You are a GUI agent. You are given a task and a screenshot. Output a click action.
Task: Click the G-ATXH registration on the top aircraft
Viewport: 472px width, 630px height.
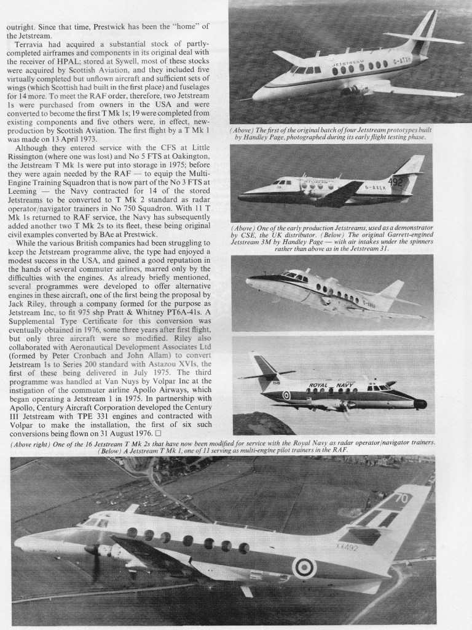coord(414,62)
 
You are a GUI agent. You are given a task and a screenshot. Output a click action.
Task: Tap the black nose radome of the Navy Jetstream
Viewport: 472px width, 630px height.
coord(420,404)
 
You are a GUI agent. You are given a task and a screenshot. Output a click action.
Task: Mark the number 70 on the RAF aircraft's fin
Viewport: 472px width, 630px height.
coord(401,500)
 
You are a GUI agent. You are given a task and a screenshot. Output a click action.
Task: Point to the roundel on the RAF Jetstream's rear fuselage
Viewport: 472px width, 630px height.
coord(304,567)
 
